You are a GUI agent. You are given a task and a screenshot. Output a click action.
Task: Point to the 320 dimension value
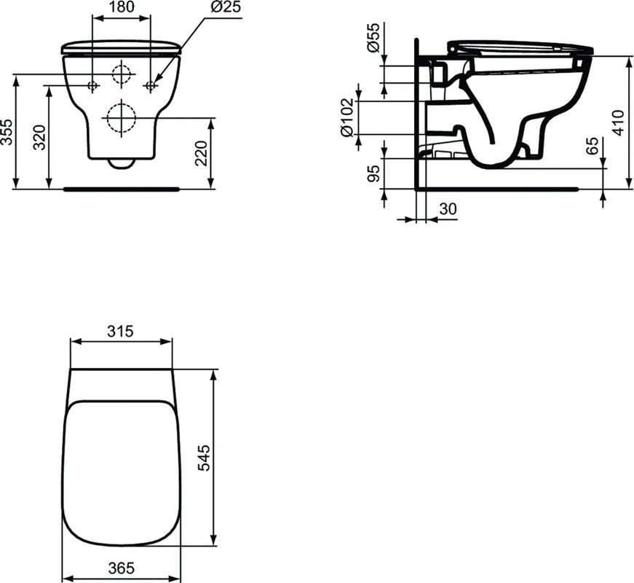(x=40, y=138)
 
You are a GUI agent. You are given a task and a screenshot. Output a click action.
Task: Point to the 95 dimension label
(x=372, y=174)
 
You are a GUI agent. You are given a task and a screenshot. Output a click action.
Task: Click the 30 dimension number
(x=448, y=208)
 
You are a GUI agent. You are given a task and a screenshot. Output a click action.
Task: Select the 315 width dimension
(x=120, y=331)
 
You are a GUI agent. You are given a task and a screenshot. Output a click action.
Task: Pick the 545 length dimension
(x=205, y=458)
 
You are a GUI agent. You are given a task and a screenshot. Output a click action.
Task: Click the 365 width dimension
(x=120, y=568)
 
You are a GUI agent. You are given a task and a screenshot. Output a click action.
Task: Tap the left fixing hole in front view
(x=92, y=86)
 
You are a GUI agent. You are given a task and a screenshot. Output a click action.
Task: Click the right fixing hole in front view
(x=151, y=86)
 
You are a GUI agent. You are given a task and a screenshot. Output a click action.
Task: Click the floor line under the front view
(x=122, y=188)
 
